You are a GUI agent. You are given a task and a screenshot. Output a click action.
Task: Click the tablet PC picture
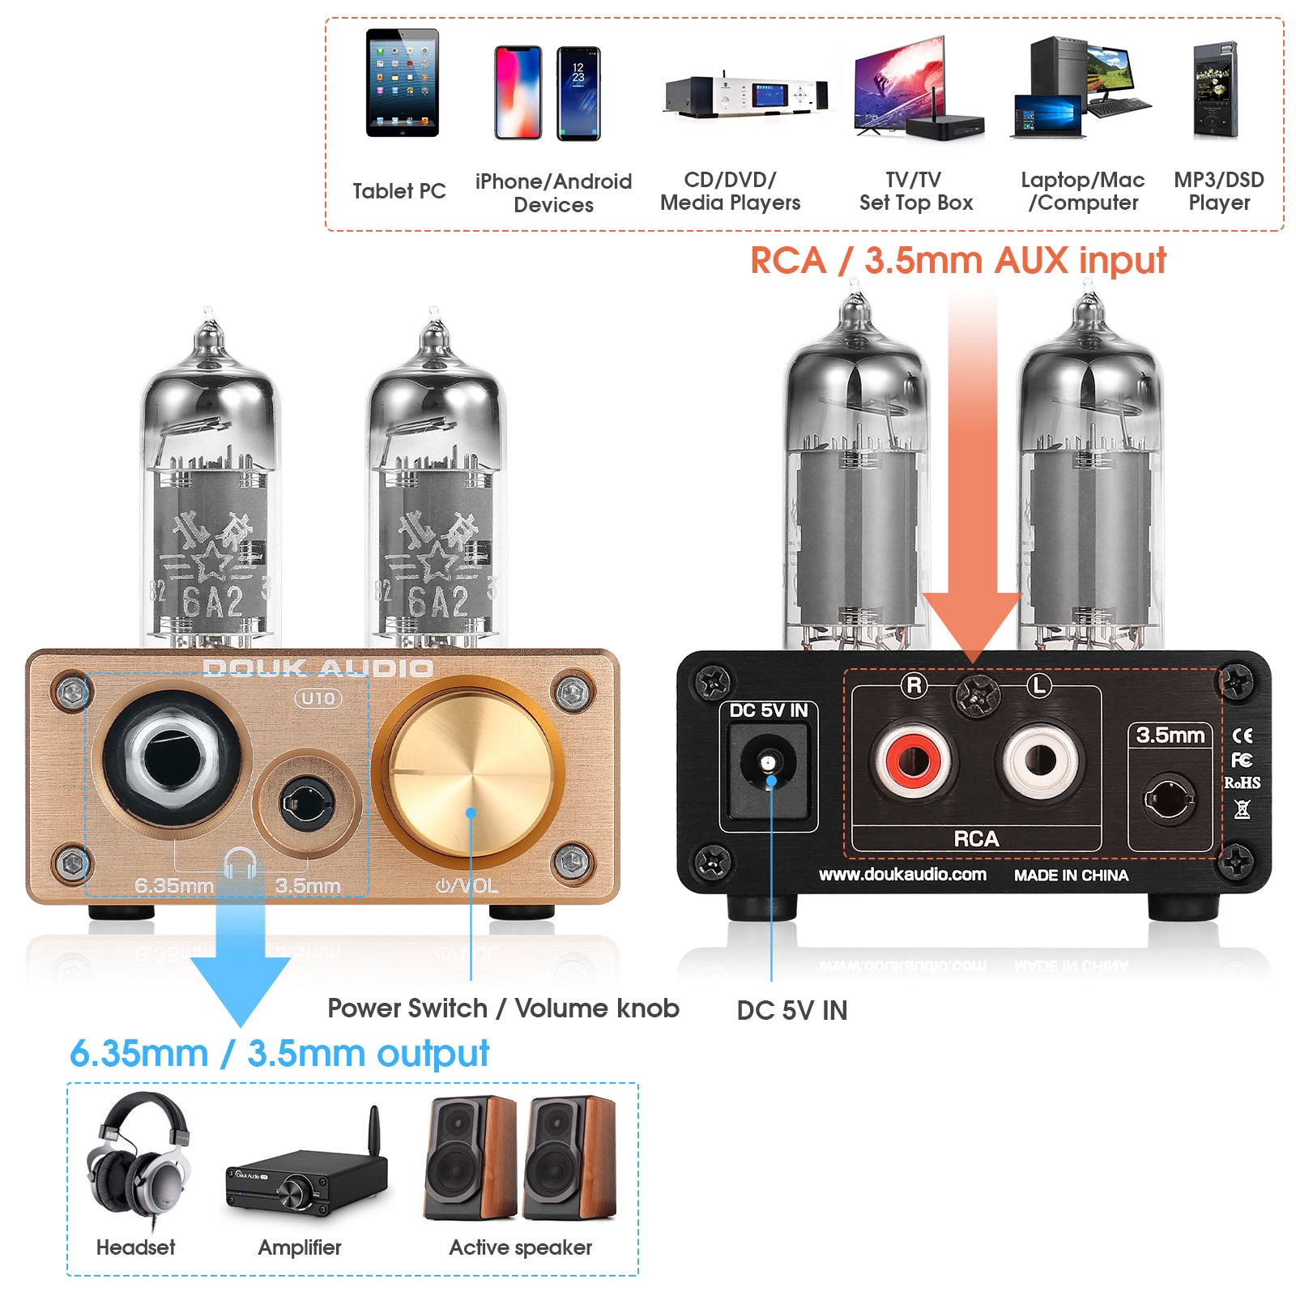(402, 83)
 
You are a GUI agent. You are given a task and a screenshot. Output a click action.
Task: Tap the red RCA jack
(914, 761)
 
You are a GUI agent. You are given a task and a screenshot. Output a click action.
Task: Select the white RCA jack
(1040, 761)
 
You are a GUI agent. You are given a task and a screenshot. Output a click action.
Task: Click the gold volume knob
(471, 778)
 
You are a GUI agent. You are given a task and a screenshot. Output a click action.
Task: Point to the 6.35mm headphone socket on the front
(172, 759)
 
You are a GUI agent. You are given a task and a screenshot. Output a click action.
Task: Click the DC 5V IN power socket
(768, 765)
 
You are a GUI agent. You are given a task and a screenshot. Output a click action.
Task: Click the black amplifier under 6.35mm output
(306, 1174)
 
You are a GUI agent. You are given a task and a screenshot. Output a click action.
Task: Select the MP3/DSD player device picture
(1215, 91)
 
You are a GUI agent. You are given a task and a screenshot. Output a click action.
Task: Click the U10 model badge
(318, 698)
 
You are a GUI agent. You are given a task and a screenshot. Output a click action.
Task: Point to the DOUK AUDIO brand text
(318, 668)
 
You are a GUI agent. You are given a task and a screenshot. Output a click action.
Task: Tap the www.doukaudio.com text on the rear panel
(902, 875)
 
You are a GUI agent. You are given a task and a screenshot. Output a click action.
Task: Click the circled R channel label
(914, 686)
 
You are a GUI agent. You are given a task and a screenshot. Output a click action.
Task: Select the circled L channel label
(1038, 686)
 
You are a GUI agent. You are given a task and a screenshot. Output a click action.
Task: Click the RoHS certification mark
(1242, 783)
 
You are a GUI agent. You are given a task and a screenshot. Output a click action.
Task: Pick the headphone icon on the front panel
(240, 863)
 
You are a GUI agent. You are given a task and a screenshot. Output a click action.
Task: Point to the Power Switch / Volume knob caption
(503, 1008)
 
